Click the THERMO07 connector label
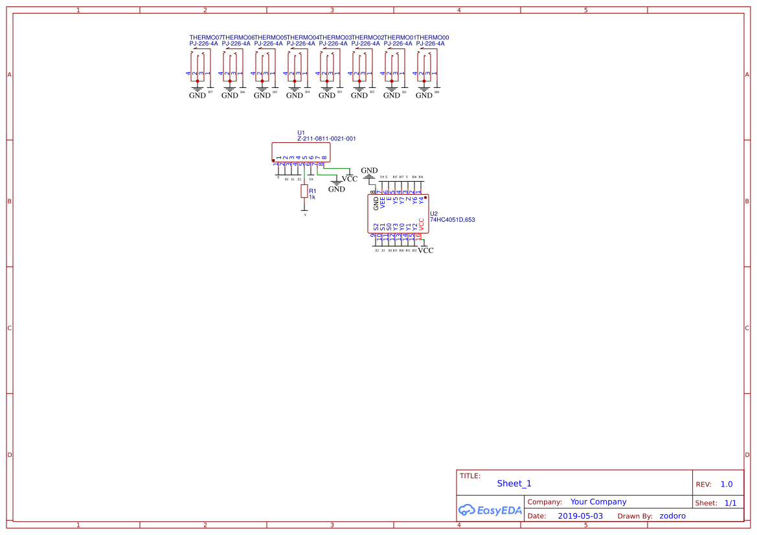tap(205, 38)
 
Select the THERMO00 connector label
tap(433, 38)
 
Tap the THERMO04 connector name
tap(302, 38)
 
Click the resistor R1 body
tap(304, 191)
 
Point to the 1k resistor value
tap(312, 197)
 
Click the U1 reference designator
tap(301, 132)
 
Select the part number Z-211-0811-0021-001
tap(326, 138)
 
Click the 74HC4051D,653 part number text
tap(453, 220)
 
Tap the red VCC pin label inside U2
tap(422, 224)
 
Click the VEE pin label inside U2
tap(383, 202)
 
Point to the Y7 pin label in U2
tap(402, 201)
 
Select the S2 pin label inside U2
tap(376, 227)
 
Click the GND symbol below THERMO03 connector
tap(327, 94)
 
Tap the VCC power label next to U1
tap(350, 179)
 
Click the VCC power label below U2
tap(425, 250)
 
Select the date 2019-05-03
tap(580, 516)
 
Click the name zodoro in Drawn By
tap(672, 516)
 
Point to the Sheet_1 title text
tap(514, 483)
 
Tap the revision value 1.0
tap(727, 484)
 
